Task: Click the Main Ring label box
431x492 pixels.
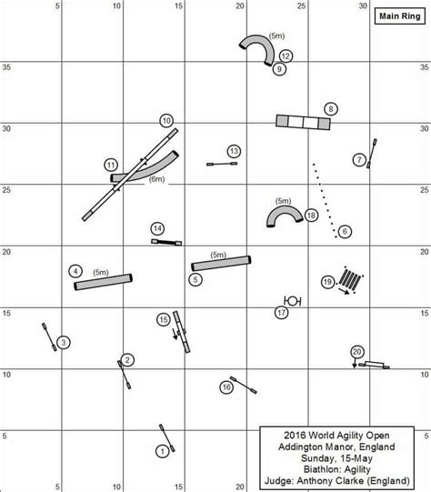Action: (400, 16)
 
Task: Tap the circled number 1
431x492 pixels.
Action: (162, 451)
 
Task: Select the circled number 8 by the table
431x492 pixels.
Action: (331, 109)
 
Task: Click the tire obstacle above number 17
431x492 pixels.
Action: (293, 301)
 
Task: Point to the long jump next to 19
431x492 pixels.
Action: (349, 279)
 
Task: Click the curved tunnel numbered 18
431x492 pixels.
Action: (285, 214)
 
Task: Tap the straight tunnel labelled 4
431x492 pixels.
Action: (103, 282)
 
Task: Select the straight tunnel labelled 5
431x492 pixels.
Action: (221, 263)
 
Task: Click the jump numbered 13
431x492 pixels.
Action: (222, 164)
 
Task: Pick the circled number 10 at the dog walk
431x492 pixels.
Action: (166, 120)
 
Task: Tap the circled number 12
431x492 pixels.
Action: (286, 56)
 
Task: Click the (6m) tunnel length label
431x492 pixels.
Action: (156, 179)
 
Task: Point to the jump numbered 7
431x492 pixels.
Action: (372, 154)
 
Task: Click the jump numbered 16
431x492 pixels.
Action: (244, 385)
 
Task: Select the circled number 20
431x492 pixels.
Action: (357, 352)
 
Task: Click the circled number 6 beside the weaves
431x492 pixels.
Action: (345, 232)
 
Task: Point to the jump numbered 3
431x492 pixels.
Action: (50, 336)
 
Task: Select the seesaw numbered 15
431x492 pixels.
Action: (182, 332)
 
